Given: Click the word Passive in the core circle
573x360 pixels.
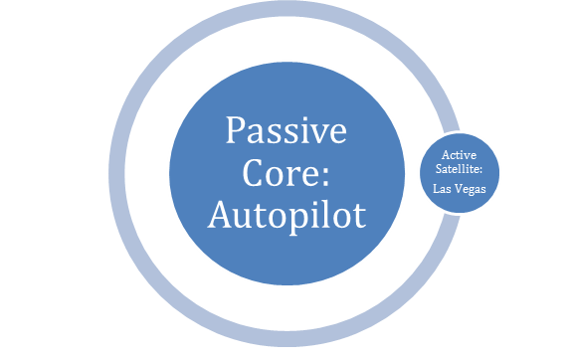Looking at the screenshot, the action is click(x=286, y=130).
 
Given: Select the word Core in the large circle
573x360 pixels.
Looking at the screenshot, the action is click(x=281, y=173).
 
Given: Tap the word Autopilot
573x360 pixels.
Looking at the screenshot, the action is click(x=286, y=217).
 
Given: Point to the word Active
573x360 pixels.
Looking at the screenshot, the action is click(x=459, y=155).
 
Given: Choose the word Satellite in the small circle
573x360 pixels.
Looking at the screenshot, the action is click(x=457, y=169).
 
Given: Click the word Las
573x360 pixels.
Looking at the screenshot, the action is click(x=442, y=189).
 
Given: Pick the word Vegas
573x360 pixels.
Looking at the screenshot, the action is click(x=470, y=189).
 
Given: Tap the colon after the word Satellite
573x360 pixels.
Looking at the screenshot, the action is click(x=480, y=170).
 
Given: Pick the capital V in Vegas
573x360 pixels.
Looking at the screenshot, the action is click(x=457, y=189).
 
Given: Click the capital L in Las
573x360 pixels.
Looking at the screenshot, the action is click(x=437, y=189).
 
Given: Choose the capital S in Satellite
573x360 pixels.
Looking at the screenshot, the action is click(x=439, y=169).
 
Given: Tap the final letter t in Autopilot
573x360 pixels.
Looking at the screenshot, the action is click(x=360, y=218).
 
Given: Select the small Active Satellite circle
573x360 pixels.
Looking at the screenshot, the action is click(x=460, y=172).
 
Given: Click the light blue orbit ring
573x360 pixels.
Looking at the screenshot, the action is click(x=117, y=174).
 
